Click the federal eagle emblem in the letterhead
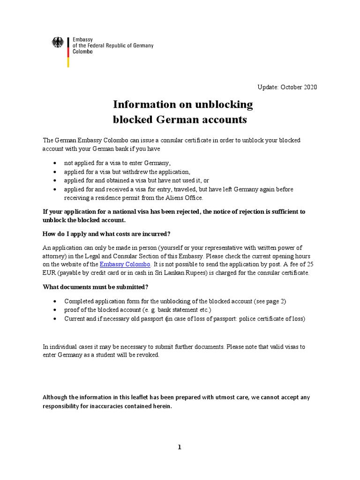tap(58, 44)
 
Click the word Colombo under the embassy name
tap(82, 52)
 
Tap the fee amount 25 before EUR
tap(310, 265)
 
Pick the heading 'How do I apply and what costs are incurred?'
tap(106, 234)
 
